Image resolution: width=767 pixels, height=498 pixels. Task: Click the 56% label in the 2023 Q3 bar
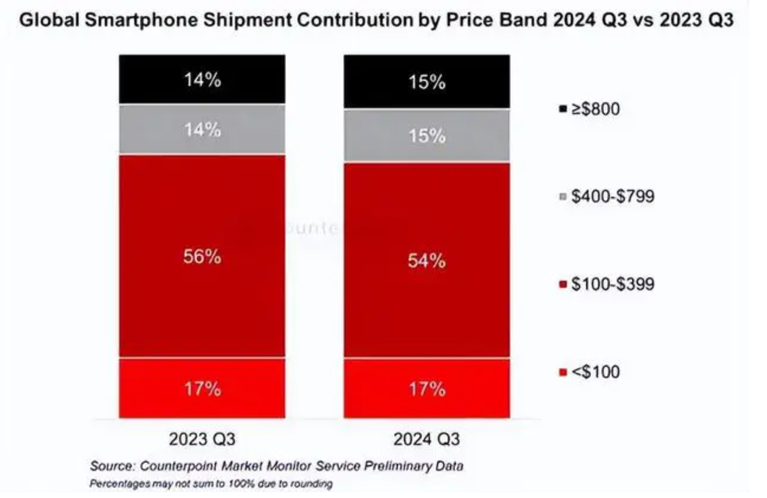coord(202,257)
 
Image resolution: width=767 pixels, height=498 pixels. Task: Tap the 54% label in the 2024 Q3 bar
coord(426,261)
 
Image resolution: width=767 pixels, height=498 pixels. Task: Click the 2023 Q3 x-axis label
coord(202,439)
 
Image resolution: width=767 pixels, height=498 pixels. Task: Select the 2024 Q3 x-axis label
coord(426,439)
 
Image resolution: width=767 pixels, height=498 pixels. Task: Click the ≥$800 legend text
coord(595,109)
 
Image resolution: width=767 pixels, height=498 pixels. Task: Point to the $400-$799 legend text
coord(613,196)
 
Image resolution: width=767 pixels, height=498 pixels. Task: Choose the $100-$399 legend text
coord(613,284)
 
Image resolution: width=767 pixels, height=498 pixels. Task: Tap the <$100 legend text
coord(595,372)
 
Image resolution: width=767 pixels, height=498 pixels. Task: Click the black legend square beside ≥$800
coord(563,109)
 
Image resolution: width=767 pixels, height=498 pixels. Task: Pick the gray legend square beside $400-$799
coord(563,197)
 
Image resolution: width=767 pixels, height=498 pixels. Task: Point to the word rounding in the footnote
coord(314,484)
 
